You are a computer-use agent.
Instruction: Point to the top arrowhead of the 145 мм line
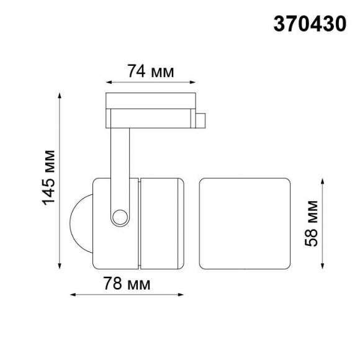(x=60, y=96)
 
